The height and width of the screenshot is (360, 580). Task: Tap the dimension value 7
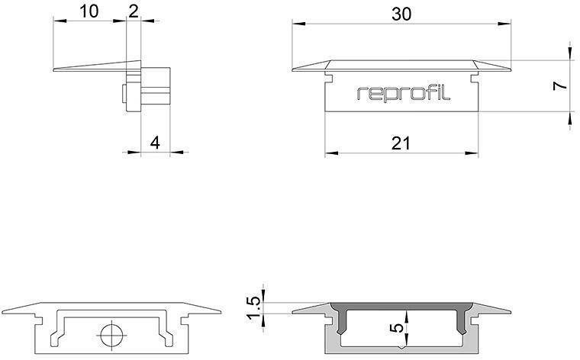click(x=560, y=85)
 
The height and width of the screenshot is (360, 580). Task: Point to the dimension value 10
click(x=89, y=11)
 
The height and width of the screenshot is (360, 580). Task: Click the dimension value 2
click(x=134, y=11)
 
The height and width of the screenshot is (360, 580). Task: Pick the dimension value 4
click(x=155, y=142)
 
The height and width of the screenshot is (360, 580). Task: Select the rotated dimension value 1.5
click(x=255, y=307)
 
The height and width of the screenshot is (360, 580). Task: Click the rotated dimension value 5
click(x=396, y=329)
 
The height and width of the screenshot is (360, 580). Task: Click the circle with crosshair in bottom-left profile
click(x=111, y=335)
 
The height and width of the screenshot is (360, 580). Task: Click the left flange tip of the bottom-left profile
click(x=4, y=312)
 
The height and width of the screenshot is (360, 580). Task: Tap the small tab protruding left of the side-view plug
click(x=124, y=98)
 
